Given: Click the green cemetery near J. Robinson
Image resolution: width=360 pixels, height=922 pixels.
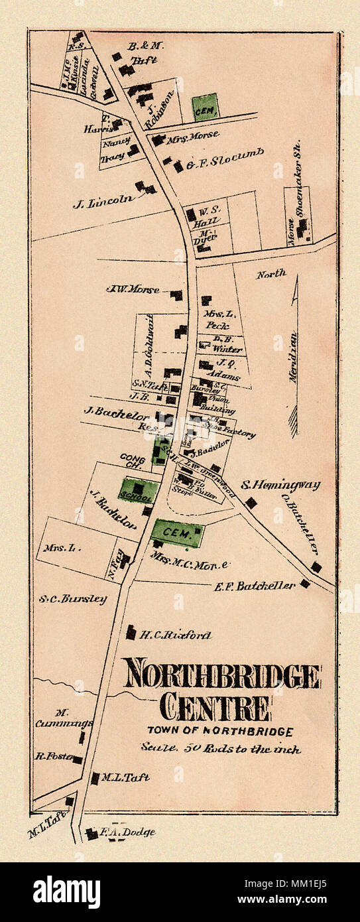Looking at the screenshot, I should click(x=205, y=106).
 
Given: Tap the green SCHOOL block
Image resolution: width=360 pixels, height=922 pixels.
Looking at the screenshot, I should click(x=139, y=491).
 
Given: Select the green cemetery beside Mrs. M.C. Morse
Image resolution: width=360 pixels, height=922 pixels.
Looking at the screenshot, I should click(x=177, y=533).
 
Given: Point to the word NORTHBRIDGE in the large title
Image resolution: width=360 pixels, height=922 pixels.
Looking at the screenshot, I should click(x=221, y=676).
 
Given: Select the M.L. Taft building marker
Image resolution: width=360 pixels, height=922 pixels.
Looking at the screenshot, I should click(x=95, y=778).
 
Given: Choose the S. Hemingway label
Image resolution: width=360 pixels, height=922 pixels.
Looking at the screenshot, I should click(x=280, y=486).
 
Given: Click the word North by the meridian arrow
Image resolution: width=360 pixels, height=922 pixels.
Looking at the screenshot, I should click(x=271, y=273).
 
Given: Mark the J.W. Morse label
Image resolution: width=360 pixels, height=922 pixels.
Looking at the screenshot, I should click(x=133, y=289).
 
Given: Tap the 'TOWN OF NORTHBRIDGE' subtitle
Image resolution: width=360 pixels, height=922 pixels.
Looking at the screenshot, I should click(x=220, y=732).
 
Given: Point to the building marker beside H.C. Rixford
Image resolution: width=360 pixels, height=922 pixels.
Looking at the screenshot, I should click(x=131, y=633).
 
